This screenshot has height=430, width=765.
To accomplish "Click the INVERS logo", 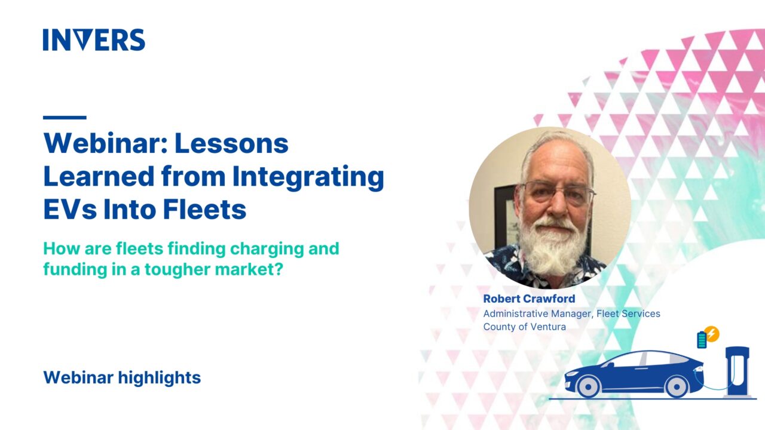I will click(x=94, y=40).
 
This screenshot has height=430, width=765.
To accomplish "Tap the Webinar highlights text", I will click(x=122, y=377).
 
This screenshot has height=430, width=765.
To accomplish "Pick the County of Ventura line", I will click(x=524, y=327).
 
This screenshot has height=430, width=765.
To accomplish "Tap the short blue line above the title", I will click(x=65, y=118).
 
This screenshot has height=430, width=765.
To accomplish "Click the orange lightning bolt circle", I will click(x=711, y=334).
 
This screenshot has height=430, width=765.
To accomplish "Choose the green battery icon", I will click(x=702, y=340).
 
